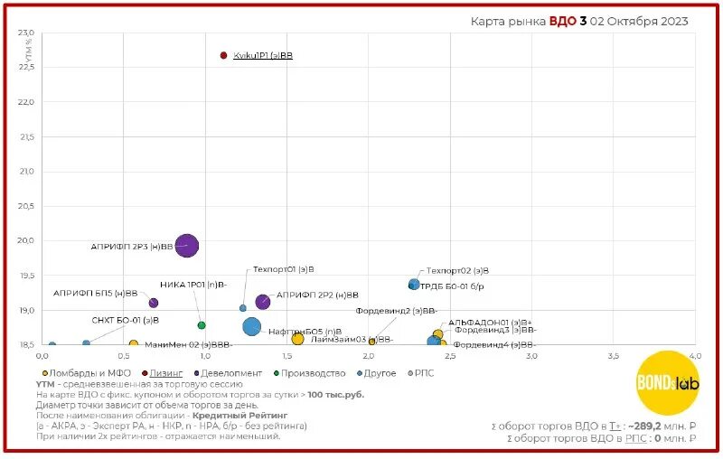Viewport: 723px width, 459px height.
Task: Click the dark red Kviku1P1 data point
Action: pyautogui.click(x=223, y=55)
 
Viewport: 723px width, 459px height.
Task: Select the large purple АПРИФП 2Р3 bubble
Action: pyautogui.click(x=186, y=245)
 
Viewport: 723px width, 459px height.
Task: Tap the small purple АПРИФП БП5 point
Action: pyautogui.click(x=154, y=303)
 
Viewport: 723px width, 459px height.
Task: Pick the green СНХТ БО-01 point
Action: pyautogui.click(x=202, y=325)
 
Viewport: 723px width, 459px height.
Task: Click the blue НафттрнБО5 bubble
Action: pyautogui.click(x=251, y=326)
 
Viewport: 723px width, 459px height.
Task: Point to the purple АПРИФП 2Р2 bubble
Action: pyautogui.click(x=262, y=301)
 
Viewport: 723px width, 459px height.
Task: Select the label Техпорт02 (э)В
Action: pyautogui.click(x=457, y=270)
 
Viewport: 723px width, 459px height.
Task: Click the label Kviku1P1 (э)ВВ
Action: pyautogui.click(x=263, y=56)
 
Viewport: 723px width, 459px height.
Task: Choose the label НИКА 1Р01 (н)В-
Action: pyautogui.click(x=193, y=285)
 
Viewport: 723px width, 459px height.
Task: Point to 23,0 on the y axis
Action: pyautogui.click(x=25, y=33)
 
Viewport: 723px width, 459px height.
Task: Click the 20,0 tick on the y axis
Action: pyautogui.click(x=25, y=241)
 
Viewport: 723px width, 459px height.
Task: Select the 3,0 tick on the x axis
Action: pyautogui.click(x=531, y=355)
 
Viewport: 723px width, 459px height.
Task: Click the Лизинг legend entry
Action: pyautogui.click(x=166, y=372)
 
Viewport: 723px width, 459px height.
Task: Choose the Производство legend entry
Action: pyautogui.click(x=313, y=372)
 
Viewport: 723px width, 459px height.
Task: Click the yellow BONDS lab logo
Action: pyautogui.click(x=668, y=382)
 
